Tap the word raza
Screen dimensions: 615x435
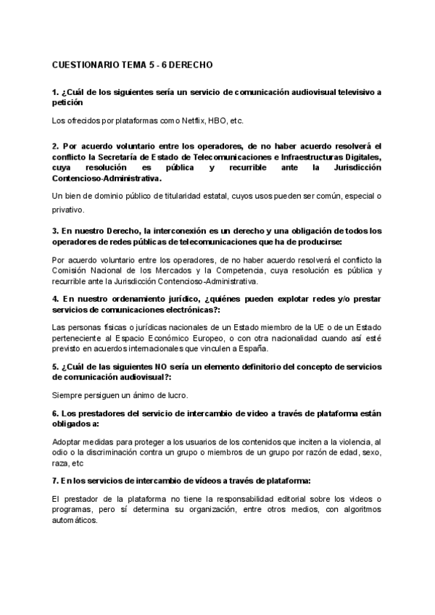click(x=61, y=462)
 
